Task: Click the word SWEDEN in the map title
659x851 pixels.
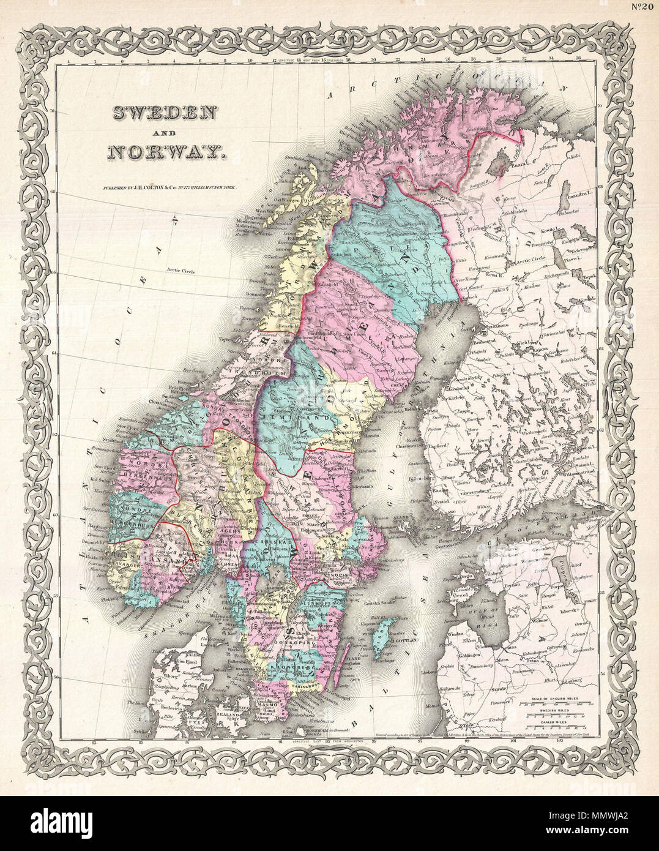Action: [x=163, y=113]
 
